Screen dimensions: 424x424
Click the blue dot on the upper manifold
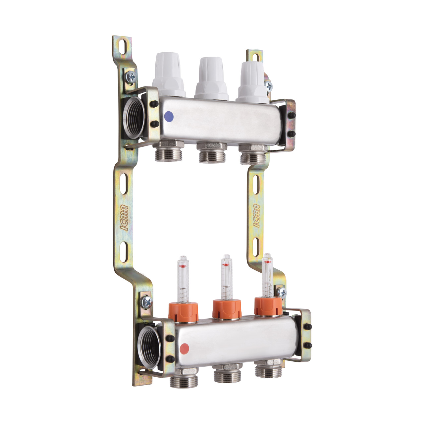pos(169,115)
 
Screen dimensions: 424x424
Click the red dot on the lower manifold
pos(185,353)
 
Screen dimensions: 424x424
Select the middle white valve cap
pos(211,79)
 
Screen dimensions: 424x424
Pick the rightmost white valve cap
pos(253,83)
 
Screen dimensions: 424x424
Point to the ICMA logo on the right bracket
pos(256,216)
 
